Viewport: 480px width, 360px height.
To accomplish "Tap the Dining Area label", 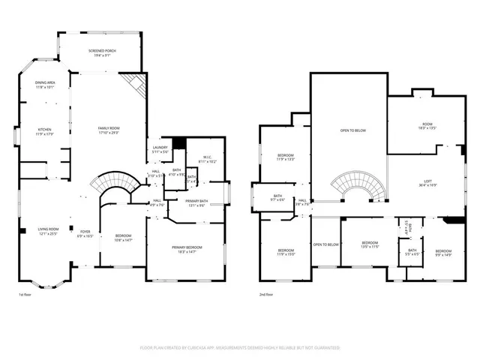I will point(45,85).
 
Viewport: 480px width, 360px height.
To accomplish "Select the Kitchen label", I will point(45,131).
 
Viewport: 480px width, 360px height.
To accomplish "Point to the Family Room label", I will point(109,130).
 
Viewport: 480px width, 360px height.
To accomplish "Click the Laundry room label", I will point(160,149).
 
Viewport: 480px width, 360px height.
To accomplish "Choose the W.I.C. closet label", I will point(208,158).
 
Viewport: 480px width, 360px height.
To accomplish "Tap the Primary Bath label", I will point(198,202).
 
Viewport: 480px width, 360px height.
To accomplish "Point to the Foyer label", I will point(85,233).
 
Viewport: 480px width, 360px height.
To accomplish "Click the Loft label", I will point(428,180).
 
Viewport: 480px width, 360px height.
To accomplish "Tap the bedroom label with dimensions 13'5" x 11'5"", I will point(370,244).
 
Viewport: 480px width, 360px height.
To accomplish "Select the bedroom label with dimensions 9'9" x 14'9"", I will point(444,253).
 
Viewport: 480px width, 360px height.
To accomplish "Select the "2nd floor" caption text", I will point(266,295).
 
